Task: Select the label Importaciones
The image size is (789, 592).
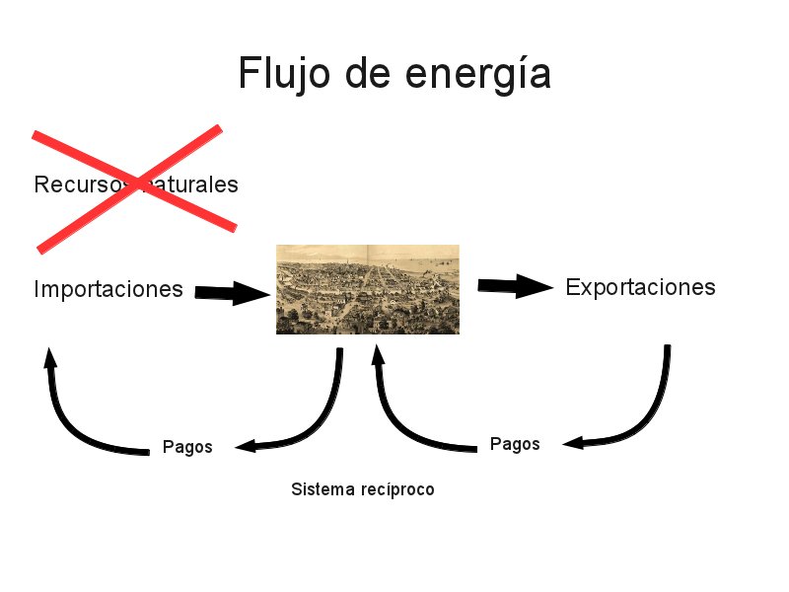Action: [x=108, y=289]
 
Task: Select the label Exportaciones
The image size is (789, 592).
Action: [x=640, y=287]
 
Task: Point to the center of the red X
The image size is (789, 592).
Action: [x=133, y=185]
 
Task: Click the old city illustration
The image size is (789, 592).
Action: [x=367, y=289]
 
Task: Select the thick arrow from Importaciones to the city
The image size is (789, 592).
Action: [x=233, y=292]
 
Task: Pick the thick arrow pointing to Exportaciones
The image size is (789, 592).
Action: [x=515, y=286]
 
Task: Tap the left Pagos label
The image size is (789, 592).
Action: [x=187, y=447]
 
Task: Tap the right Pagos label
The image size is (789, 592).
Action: [x=515, y=444]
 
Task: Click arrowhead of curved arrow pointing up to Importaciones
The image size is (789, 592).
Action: [x=49, y=357]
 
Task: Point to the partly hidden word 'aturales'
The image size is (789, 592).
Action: [x=192, y=185]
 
